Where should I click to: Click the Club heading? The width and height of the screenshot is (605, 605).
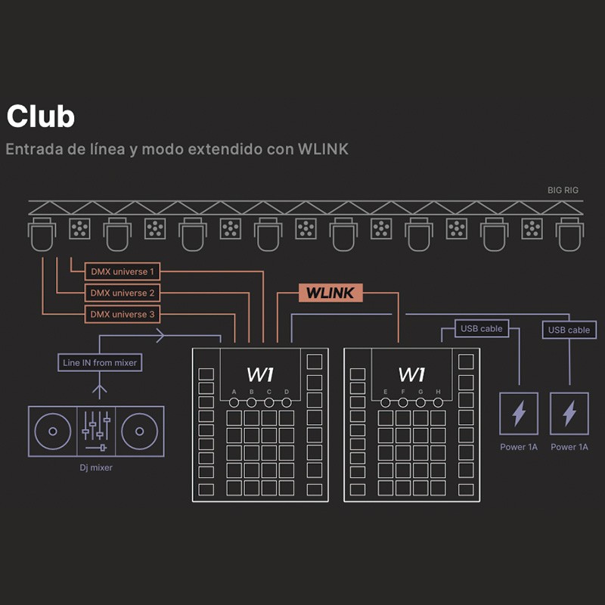pyautogui.click(x=41, y=117)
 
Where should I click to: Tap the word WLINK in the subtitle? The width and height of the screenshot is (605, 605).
pyautogui.click(x=323, y=148)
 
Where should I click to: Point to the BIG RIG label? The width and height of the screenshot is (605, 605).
pyautogui.click(x=563, y=191)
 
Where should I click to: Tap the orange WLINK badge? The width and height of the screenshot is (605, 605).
pyautogui.click(x=330, y=293)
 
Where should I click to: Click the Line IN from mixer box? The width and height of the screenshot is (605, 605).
pyautogui.click(x=100, y=363)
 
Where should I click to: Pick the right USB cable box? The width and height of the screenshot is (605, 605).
pyautogui.click(x=569, y=330)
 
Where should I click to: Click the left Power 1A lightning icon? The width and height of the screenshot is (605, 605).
pyautogui.click(x=519, y=413)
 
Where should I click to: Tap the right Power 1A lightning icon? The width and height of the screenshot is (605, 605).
pyautogui.click(x=569, y=413)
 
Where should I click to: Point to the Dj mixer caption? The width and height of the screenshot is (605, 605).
pyautogui.click(x=95, y=468)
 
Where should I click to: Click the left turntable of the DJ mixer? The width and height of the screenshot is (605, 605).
pyautogui.click(x=52, y=431)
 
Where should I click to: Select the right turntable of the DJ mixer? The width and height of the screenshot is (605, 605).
pyautogui.click(x=138, y=431)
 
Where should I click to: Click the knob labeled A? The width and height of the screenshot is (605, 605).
pyautogui.click(x=234, y=402)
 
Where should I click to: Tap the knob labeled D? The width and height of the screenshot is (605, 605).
pyautogui.click(x=287, y=402)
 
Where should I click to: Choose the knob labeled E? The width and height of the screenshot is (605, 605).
pyautogui.click(x=386, y=402)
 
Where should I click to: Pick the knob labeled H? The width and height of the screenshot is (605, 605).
pyautogui.click(x=438, y=402)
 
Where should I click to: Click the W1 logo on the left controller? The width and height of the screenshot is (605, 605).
pyautogui.click(x=261, y=374)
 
